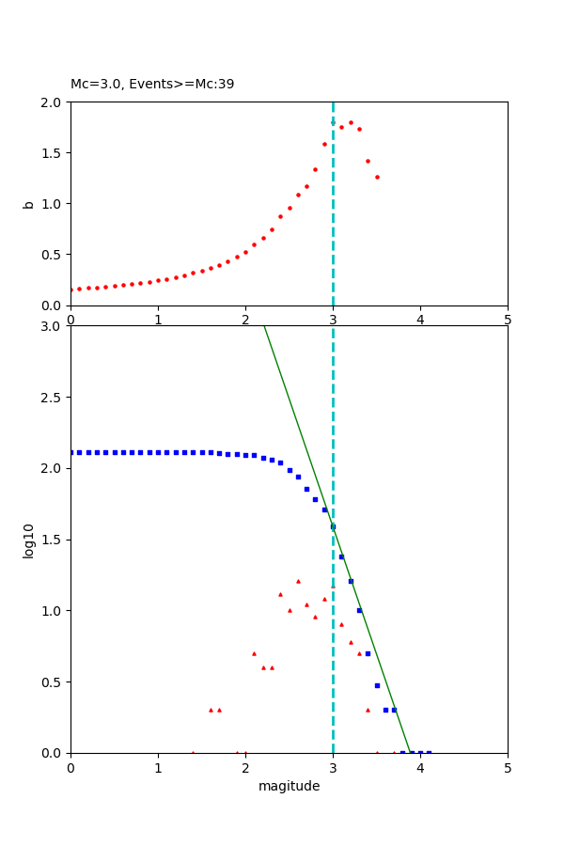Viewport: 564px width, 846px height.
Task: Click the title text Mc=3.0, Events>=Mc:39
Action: (152, 85)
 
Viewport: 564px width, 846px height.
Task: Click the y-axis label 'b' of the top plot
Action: (29, 204)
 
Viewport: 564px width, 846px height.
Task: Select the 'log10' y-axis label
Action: (29, 540)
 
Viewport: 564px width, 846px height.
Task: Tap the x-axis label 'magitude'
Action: (289, 786)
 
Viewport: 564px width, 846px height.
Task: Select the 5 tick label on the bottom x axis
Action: (508, 768)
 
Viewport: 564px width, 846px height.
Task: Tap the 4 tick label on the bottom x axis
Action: (420, 768)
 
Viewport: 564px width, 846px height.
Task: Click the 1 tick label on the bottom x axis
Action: (158, 768)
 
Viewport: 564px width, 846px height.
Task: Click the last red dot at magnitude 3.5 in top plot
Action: (377, 177)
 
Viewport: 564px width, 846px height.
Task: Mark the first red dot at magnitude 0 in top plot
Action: (71, 290)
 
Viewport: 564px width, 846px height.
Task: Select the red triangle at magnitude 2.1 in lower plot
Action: (254, 653)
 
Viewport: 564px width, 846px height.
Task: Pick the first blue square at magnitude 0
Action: (71, 452)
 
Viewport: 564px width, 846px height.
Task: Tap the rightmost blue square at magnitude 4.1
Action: (429, 752)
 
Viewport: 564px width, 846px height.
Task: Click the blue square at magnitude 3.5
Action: (377, 685)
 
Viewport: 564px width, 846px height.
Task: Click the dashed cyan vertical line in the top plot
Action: (333, 235)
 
